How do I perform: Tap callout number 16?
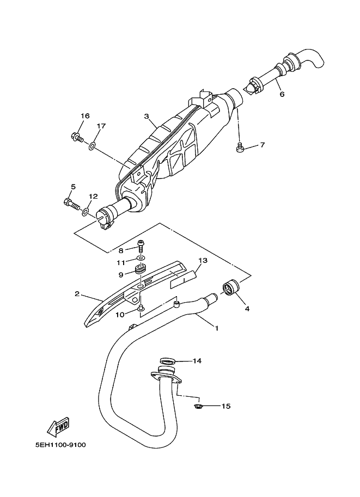click(x=84, y=116)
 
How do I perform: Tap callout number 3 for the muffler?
click(x=145, y=116)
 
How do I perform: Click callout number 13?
click(x=203, y=261)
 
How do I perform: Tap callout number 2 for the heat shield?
click(x=77, y=294)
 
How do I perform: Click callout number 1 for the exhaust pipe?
click(x=216, y=328)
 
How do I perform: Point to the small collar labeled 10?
click(x=141, y=309)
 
